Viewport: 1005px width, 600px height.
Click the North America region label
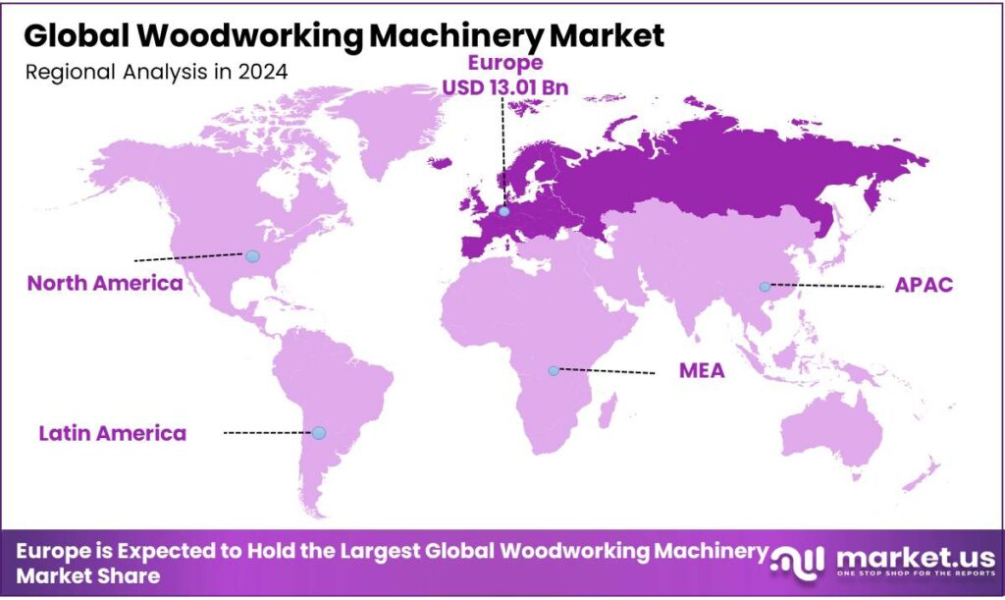(105, 284)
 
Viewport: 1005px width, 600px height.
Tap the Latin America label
(112, 433)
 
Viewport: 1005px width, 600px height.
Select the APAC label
(925, 286)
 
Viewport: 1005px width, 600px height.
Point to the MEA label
(702, 372)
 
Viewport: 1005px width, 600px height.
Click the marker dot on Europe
(503, 210)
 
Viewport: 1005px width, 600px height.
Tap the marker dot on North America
(252, 255)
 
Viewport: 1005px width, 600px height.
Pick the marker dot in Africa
(554, 370)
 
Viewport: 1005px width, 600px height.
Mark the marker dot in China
(764, 287)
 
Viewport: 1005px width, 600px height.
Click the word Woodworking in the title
(242, 36)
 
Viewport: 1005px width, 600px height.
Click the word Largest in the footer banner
(375, 552)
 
